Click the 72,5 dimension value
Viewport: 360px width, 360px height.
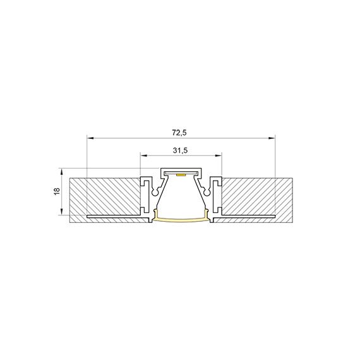click(x=181, y=132)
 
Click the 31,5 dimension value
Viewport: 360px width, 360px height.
click(x=181, y=150)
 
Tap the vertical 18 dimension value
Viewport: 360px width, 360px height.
click(x=56, y=191)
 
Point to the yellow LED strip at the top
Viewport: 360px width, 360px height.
click(x=181, y=173)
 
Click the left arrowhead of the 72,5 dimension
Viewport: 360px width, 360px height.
click(x=89, y=137)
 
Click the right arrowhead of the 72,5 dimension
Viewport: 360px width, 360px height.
click(x=272, y=137)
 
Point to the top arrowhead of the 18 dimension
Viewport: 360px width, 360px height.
click(x=62, y=171)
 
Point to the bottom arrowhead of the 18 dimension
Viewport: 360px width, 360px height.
click(x=62, y=213)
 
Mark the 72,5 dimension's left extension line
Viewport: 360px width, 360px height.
click(x=86, y=158)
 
